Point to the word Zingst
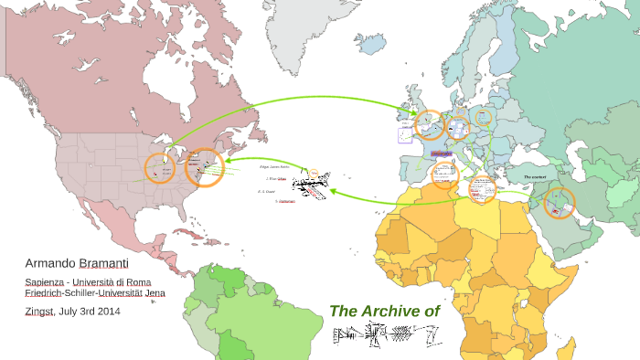click(x=39, y=311)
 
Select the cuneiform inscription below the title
click(x=385, y=340)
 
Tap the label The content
click(x=535, y=176)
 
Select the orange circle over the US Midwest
click(x=161, y=168)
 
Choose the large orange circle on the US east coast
click(x=204, y=167)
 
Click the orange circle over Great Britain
click(x=429, y=123)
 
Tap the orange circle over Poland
click(x=483, y=118)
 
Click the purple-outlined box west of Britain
click(x=404, y=135)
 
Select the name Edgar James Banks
click(x=274, y=167)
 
